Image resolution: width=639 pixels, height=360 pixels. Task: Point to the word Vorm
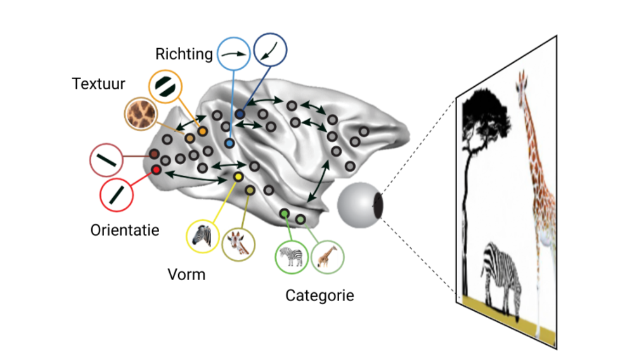[186, 275]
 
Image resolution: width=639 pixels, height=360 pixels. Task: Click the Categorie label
[319, 295]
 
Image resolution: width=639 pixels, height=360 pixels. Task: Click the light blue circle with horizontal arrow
[234, 54]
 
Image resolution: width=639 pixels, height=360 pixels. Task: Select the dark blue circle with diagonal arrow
[270, 50]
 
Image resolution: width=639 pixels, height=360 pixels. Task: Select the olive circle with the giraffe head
[238, 244]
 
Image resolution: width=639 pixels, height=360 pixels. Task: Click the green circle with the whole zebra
[291, 257]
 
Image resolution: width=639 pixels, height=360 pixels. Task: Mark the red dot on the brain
[157, 170]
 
